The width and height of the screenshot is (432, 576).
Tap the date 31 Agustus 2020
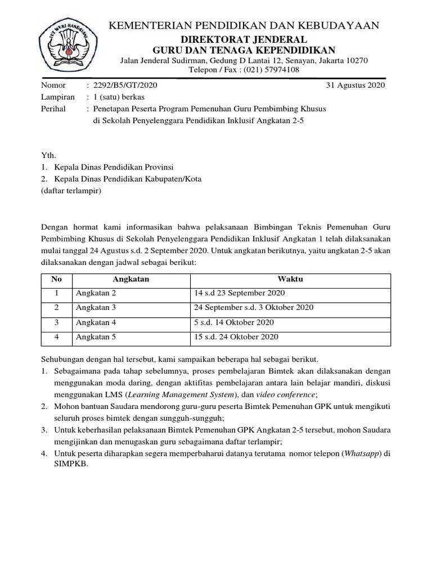355,85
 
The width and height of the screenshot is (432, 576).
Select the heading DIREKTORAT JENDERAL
244,39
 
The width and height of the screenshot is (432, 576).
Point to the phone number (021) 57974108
267,70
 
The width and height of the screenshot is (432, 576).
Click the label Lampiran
57,97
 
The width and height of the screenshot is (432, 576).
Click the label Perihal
53,109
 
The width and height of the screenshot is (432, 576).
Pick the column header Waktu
290,279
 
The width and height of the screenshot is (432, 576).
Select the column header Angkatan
130,279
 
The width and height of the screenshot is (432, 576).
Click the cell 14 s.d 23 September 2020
240,293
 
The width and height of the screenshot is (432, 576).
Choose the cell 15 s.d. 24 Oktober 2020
236,337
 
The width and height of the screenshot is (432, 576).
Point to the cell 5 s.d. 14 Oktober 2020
233,322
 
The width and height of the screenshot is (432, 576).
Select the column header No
56,279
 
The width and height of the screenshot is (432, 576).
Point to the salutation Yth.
49,155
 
